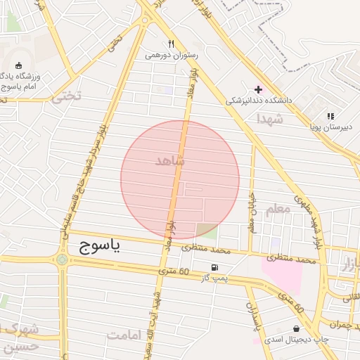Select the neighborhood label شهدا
pos(270,119)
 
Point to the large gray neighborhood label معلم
pos(278,209)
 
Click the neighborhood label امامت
pos(124,335)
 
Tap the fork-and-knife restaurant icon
pos(172,44)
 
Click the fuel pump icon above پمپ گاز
pos(214,267)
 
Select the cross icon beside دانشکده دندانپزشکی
pos(258,89)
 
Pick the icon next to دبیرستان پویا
pos(330,116)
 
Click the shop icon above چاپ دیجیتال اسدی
pos(295,328)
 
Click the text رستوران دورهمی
pos(172,55)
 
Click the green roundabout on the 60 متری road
pos(63,260)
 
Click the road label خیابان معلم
pos(252,214)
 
